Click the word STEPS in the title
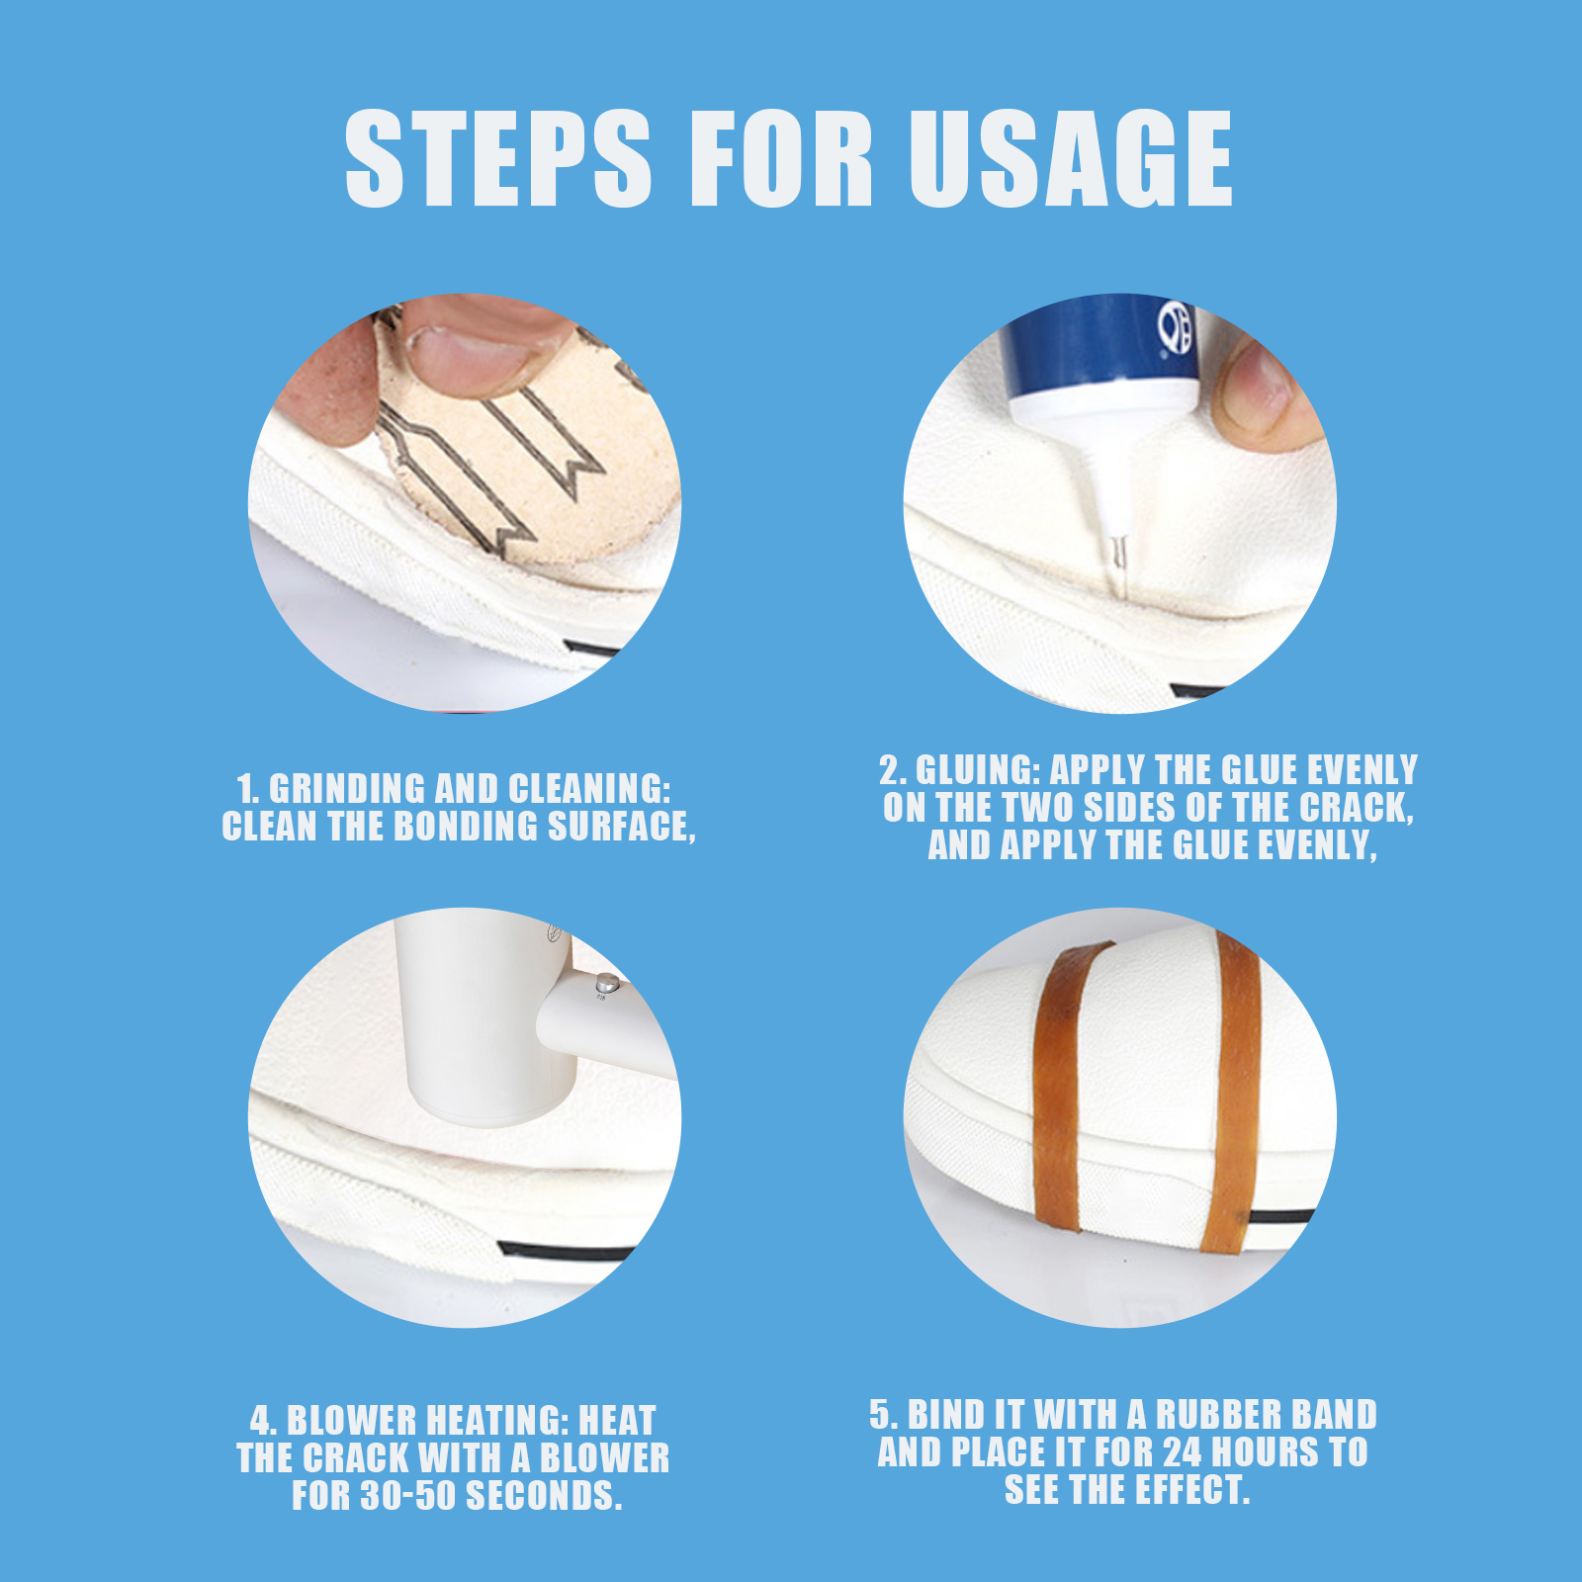coord(497,158)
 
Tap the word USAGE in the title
coord(1071,158)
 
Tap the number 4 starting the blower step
coord(260,1422)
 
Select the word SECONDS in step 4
coord(543,1496)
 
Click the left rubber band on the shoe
coord(1060,1088)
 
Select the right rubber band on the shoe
coord(1234,1088)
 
